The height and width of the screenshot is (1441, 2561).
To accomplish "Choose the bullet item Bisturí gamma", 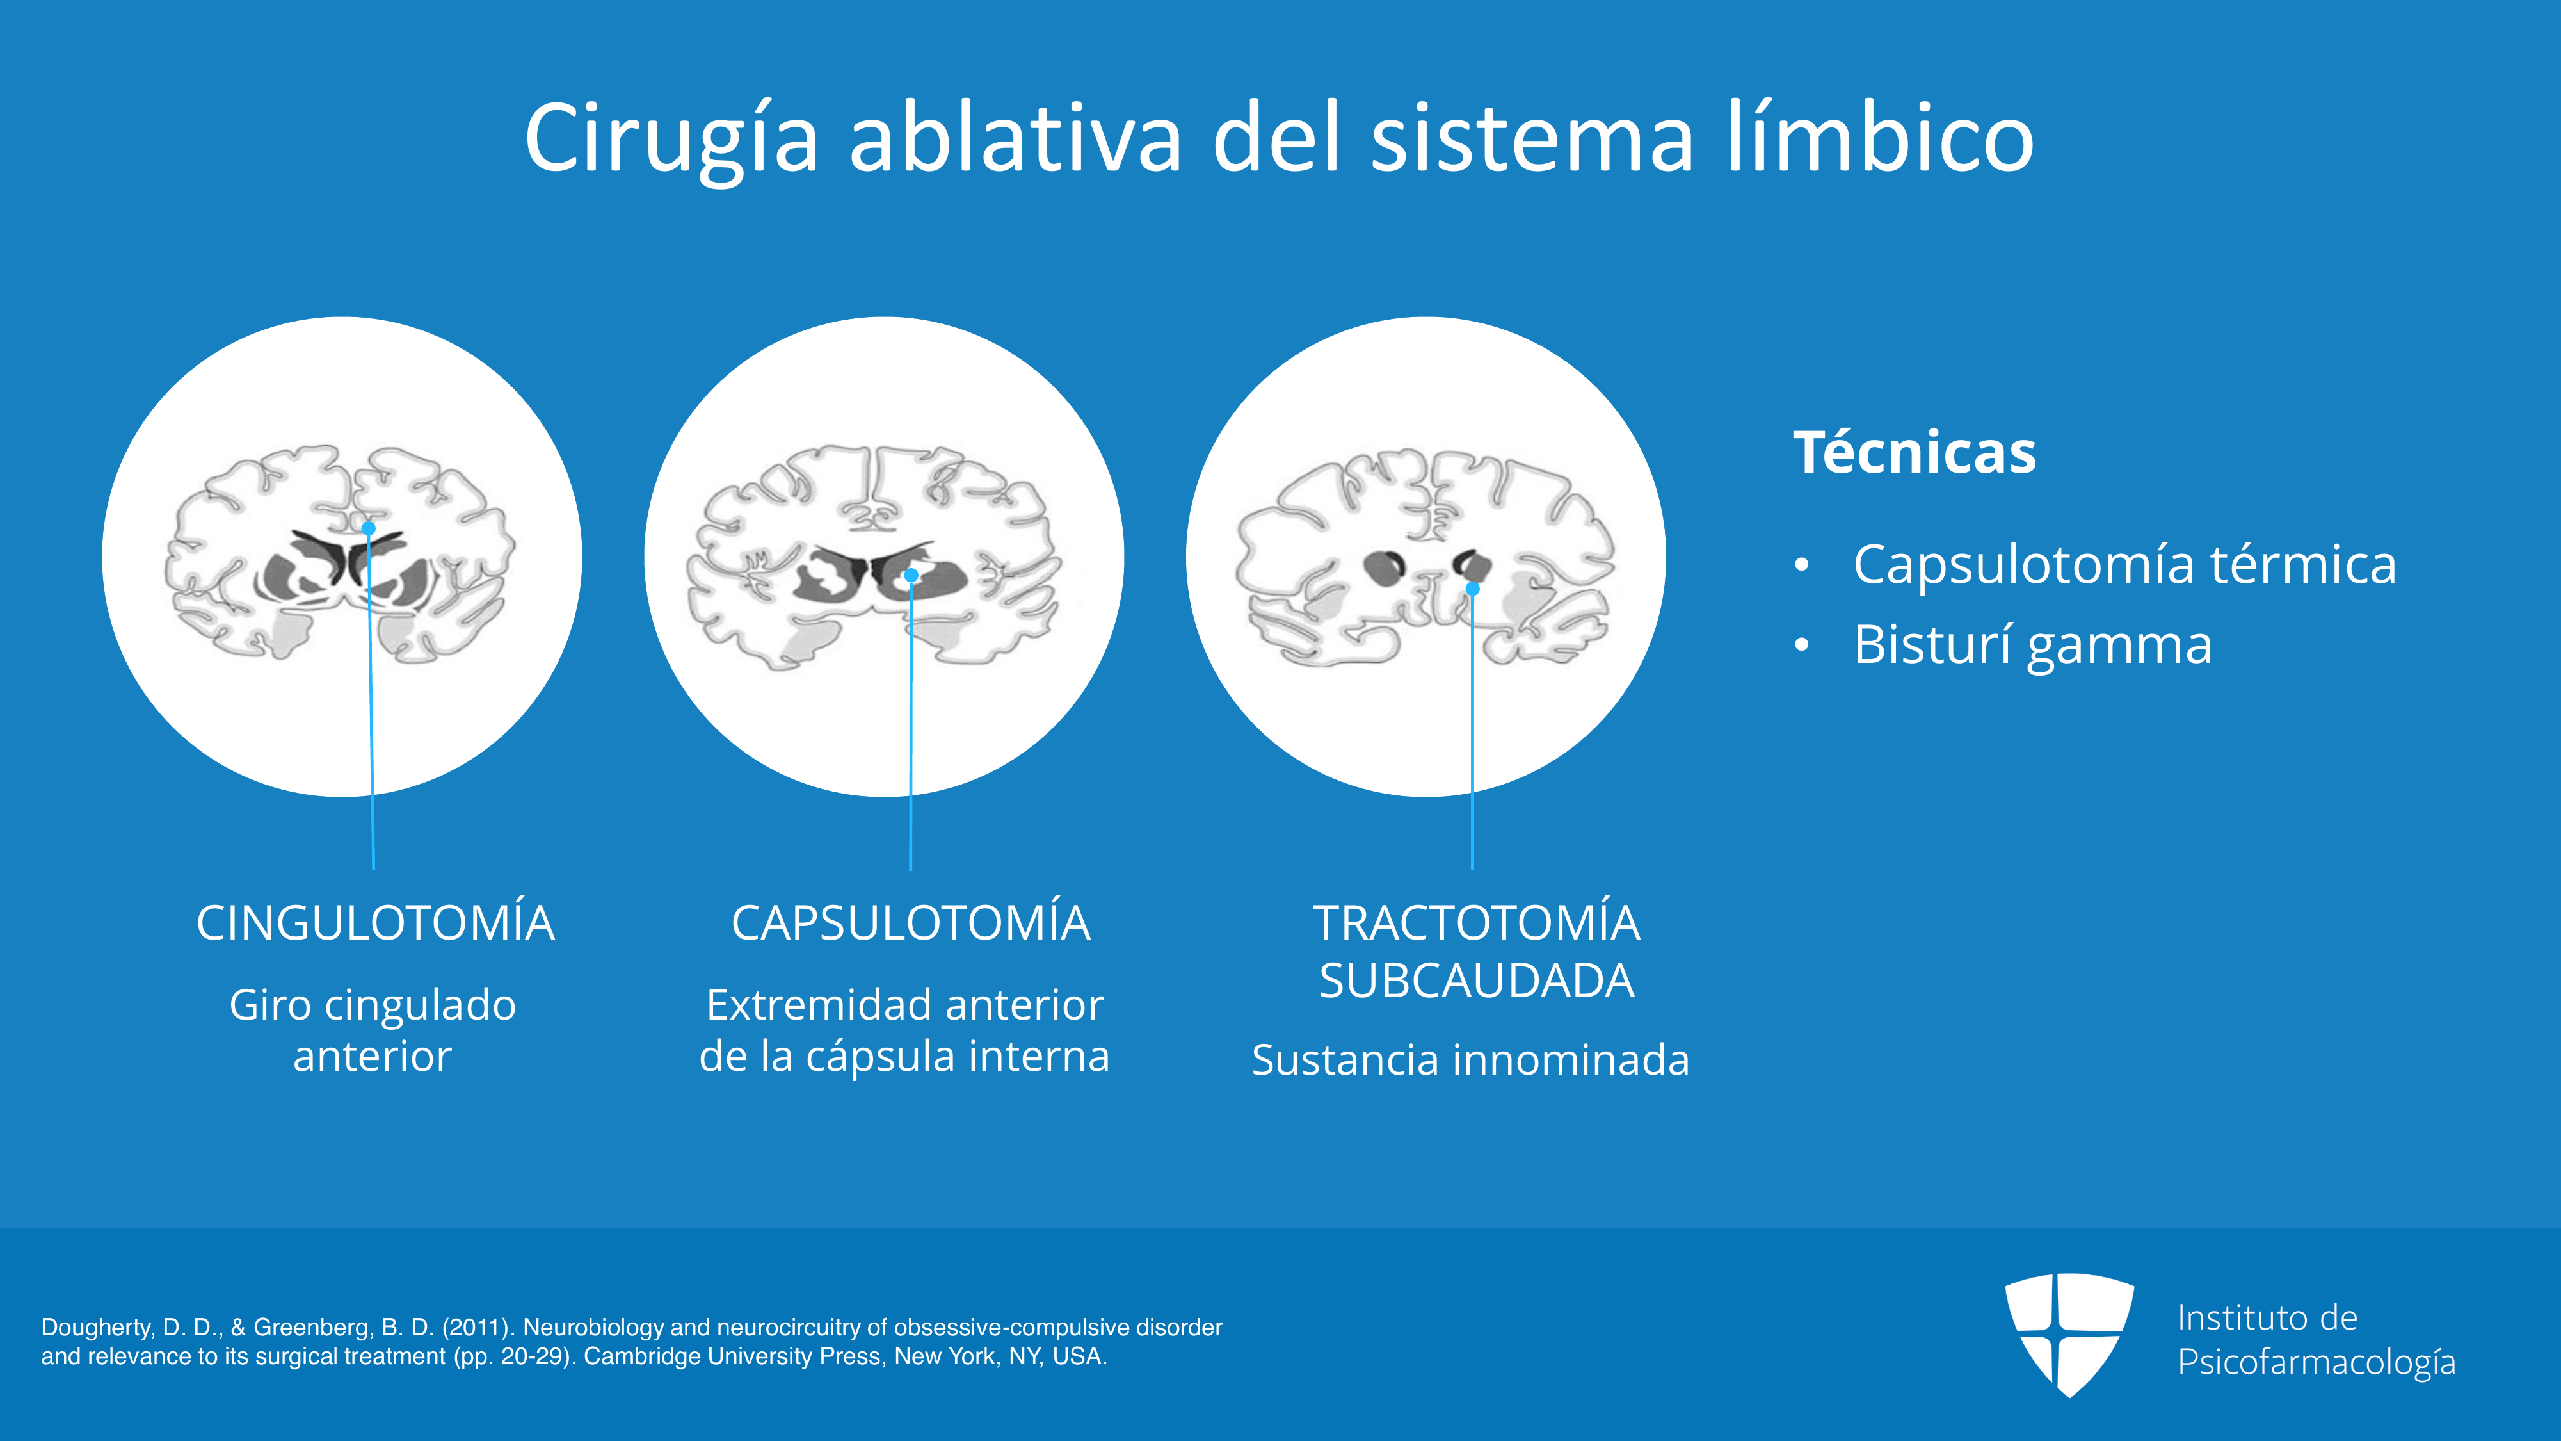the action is (x=2032, y=646).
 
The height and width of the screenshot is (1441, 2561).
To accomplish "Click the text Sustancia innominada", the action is (x=1470, y=1060).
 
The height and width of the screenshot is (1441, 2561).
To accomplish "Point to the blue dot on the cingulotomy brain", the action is (x=368, y=528).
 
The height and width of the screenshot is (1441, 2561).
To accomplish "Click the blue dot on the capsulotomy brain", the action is (x=911, y=575).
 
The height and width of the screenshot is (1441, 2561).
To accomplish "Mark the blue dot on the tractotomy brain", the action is (x=1472, y=589).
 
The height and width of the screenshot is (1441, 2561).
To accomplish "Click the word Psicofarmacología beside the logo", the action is (x=2316, y=1362).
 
